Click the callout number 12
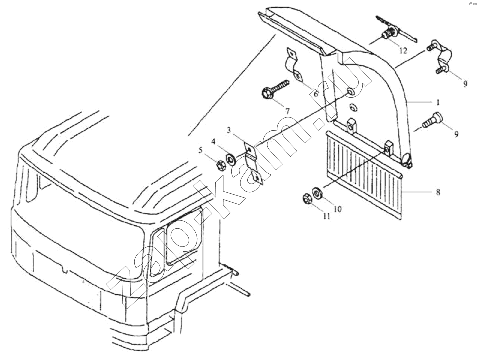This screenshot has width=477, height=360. tap(403, 51)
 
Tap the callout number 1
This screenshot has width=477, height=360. tap(438, 103)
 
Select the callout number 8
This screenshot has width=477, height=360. tap(438, 192)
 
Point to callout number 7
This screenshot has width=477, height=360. tap(287, 111)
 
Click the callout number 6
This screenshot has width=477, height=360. tap(316, 94)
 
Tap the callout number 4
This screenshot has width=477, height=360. tap(214, 141)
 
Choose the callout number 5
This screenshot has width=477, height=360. tap(200, 150)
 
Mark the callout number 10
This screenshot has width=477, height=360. tap(337, 209)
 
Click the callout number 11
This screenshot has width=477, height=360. tap(327, 216)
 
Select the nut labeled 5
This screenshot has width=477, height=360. tap(220, 166)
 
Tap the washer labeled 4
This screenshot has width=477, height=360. tap(230, 159)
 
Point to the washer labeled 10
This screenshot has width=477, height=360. tap(317, 193)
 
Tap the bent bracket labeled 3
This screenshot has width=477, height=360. tap(253, 163)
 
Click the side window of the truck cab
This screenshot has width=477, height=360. tap(184, 235)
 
